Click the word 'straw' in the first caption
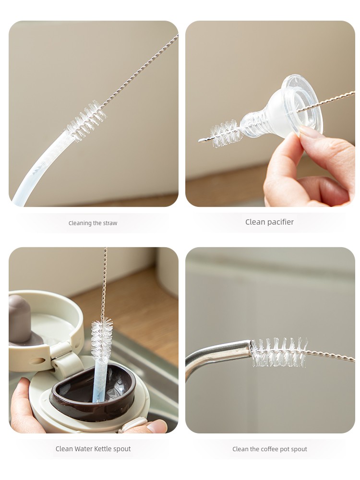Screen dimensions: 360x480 point(110,223)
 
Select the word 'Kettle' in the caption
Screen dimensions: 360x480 point(103,449)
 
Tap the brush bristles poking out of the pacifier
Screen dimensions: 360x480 point(225,133)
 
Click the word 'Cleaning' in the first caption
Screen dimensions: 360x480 point(81,223)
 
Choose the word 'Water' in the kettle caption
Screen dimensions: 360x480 point(83,449)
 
